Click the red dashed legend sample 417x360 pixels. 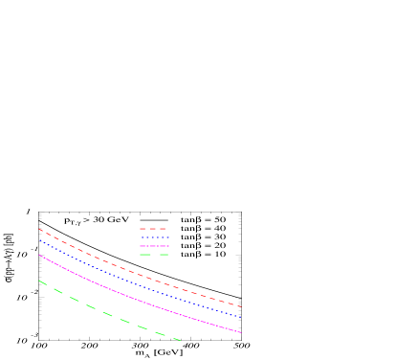tap(154, 229)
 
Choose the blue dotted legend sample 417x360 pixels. tap(154, 237)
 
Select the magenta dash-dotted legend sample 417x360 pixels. tap(154, 246)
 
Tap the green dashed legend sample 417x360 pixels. tap(154, 255)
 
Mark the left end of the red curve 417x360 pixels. tap(39, 229)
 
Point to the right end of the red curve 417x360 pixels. tap(241, 306)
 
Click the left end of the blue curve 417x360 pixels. tap(39, 239)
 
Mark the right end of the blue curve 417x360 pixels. tap(241, 317)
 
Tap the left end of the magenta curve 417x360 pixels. tap(39, 255)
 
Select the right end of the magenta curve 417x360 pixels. tap(241, 332)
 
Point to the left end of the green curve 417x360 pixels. tap(39, 281)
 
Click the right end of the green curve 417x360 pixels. tap(181, 340)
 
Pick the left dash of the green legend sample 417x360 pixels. tap(144, 255)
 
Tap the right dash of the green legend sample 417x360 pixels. tap(164, 255)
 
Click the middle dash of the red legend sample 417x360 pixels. tap(153, 229)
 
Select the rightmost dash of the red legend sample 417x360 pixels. tap(164, 229)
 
